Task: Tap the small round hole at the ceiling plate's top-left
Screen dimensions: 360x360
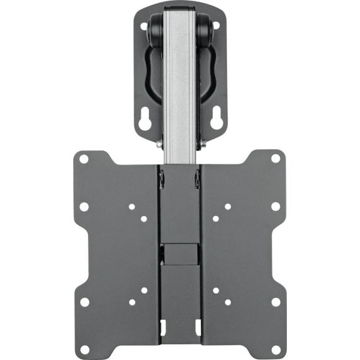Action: point(144,27)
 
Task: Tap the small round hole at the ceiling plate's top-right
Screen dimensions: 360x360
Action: point(217,26)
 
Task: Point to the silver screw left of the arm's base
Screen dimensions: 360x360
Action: point(157,146)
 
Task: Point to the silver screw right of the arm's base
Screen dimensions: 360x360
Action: point(204,146)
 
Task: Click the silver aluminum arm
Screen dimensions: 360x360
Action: point(180,84)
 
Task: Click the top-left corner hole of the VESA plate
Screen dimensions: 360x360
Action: point(84,159)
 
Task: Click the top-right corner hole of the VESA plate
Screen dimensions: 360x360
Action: point(276,159)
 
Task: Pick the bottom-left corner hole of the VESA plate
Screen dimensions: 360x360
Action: point(84,349)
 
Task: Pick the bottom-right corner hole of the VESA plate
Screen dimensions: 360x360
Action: point(276,349)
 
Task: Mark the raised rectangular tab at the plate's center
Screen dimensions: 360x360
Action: point(180,254)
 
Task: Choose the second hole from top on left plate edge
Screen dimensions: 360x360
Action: point(84,207)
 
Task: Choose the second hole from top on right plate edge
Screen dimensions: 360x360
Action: point(276,207)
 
